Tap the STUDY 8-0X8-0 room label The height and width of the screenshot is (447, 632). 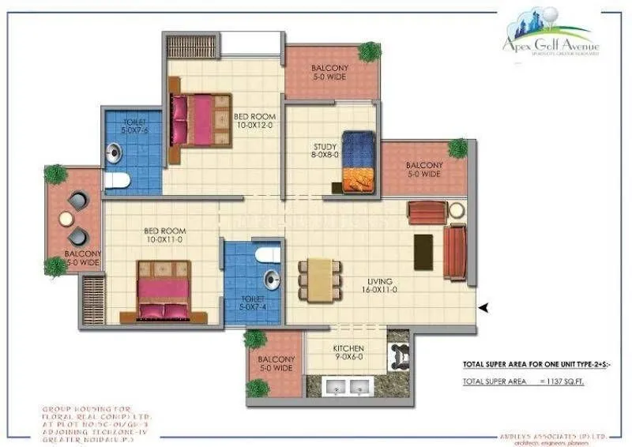click(x=325, y=151)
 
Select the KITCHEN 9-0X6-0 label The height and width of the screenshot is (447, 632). click(x=348, y=353)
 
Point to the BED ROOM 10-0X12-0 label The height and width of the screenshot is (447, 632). click(x=254, y=120)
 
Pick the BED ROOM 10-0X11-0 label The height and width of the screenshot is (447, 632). click(x=164, y=235)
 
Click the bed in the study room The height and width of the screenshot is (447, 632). click(x=358, y=162)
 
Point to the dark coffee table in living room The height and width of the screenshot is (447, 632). click(x=423, y=252)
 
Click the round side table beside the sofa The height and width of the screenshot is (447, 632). click(x=457, y=210)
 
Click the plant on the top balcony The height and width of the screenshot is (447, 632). click(x=369, y=52)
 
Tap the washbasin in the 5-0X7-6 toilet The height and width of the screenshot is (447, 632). click(x=114, y=150)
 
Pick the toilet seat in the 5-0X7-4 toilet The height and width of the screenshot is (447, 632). click(x=269, y=254)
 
